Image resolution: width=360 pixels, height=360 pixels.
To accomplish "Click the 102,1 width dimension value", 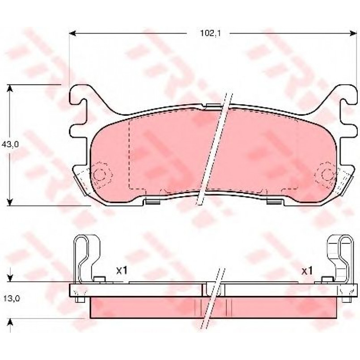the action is pyautogui.click(x=210, y=34).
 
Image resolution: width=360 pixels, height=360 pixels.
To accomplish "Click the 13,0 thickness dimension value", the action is pyautogui.click(x=12, y=298).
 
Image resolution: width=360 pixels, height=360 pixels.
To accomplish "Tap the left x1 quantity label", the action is pyautogui.click(x=122, y=271).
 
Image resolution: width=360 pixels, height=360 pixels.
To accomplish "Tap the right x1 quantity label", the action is pyautogui.click(x=307, y=271).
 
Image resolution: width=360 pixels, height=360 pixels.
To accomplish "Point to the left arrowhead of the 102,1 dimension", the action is pyautogui.click(x=72, y=34).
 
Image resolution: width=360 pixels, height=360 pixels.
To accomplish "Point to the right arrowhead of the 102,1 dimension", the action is pyautogui.click(x=353, y=34).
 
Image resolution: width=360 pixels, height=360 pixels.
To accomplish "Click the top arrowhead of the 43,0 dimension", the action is pyautogui.click(x=9, y=88).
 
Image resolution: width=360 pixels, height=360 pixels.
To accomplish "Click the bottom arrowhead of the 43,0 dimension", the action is pyautogui.click(x=9, y=202).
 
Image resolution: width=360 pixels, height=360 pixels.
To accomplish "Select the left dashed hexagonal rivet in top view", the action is pyautogui.click(x=100, y=174).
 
